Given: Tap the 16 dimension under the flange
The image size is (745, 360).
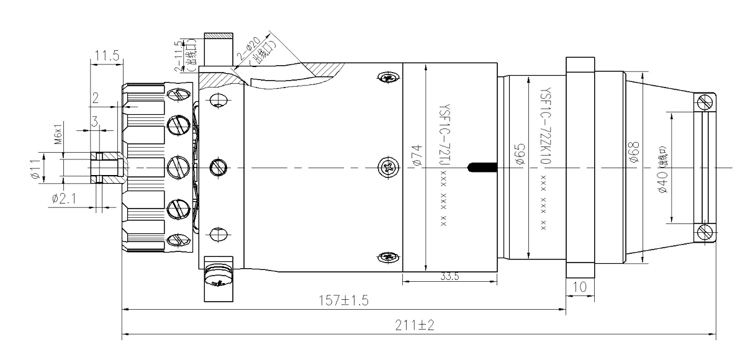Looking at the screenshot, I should coord(582,287).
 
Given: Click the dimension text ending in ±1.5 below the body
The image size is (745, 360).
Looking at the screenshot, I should coord(343,301).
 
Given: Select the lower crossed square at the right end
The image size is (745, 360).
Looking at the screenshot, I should coord(705,233).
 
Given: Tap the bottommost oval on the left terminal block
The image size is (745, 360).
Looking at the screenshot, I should coord(179,240).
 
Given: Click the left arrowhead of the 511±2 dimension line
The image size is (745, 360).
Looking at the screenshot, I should coord(124,335).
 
